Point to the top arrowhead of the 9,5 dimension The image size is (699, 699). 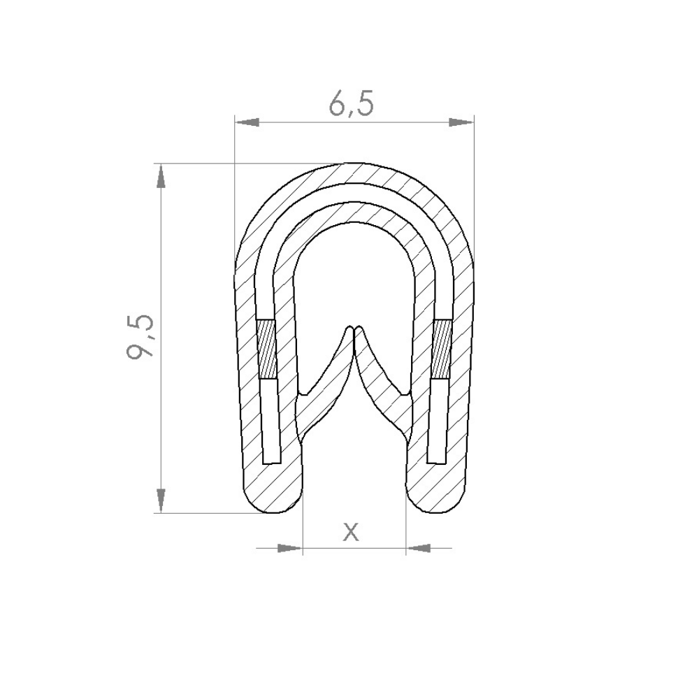pyautogui.click(x=161, y=176)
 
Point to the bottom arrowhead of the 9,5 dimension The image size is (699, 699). pyautogui.click(x=161, y=500)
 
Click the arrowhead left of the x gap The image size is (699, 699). pyautogui.click(x=290, y=548)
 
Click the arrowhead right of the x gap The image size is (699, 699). pyautogui.click(x=417, y=548)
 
